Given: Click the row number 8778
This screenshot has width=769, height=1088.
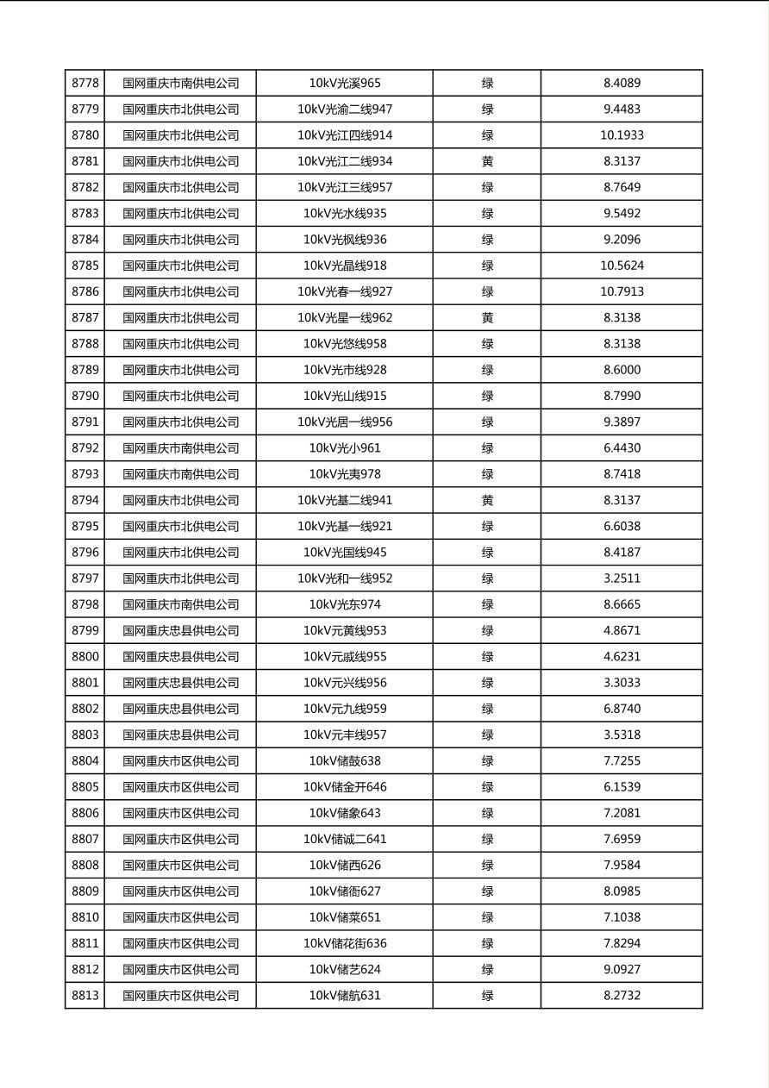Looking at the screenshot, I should pyautogui.click(x=85, y=84).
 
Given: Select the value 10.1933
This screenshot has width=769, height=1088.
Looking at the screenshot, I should pyautogui.click(x=622, y=135).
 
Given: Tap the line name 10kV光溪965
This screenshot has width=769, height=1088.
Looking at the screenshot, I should pyautogui.click(x=345, y=84).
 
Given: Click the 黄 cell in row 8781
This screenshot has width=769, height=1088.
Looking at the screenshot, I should pyautogui.click(x=487, y=161).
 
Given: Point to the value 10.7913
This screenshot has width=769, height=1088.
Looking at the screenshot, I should pyautogui.click(x=622, y=291).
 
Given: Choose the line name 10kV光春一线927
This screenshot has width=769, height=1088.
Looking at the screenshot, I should pyautogui.click(x=345, y=291).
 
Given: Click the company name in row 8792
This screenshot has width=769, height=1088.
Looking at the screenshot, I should pyautogui.click(x=180, y=448).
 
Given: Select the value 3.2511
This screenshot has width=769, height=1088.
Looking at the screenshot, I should pyautogui.click(x=622, y=578).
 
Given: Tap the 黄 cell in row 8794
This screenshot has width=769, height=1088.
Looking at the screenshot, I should pyautogui.click(x=487, y=500).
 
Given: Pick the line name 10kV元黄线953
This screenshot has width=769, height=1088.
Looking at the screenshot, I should pyautogui.click(x=345, y=631).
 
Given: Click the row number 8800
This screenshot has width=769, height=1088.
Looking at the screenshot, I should pyautogui.click(x=85, y=657).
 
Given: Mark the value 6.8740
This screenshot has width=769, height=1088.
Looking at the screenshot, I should pyautogui.click(x=622, y=709).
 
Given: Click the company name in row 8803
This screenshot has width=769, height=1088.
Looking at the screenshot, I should pyautogui.click(x=180, y=735).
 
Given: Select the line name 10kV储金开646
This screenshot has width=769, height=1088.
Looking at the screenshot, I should pyautogui.click(x=345, y=787).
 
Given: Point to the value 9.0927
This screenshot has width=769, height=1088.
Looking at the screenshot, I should pyautogui.click(x=622, y=970).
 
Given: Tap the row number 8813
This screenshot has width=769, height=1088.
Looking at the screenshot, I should pyautogui.click(x=85, y=996).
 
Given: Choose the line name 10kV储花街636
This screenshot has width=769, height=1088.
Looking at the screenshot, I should pyautogui.click(x=345, y=943).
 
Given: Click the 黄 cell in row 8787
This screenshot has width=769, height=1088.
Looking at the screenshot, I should pyautogui.click(x=487, y=318).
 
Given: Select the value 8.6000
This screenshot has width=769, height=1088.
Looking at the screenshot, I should pyautogui.click(x=622, y=370).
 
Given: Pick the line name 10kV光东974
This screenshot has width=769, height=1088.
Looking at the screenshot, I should pyautogui.click(x=345, y=604).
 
